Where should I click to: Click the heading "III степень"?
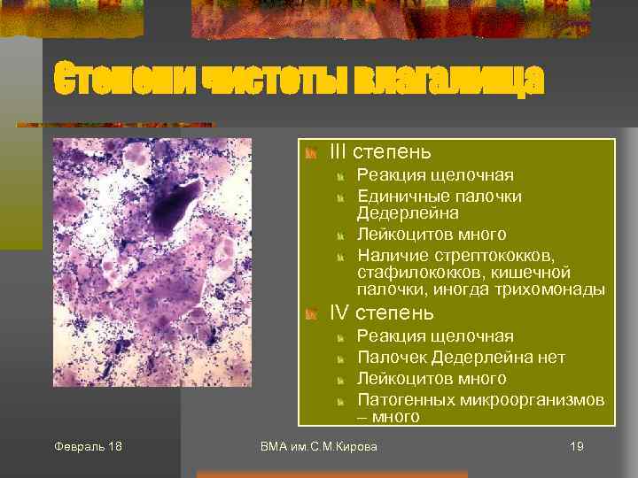point(380,153)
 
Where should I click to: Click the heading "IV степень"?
point(381,312)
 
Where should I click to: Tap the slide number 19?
point(577,446)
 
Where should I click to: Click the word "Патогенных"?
point(406,400)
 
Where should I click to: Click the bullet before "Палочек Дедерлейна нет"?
point(339,358)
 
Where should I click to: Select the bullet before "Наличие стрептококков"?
point(339,257)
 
